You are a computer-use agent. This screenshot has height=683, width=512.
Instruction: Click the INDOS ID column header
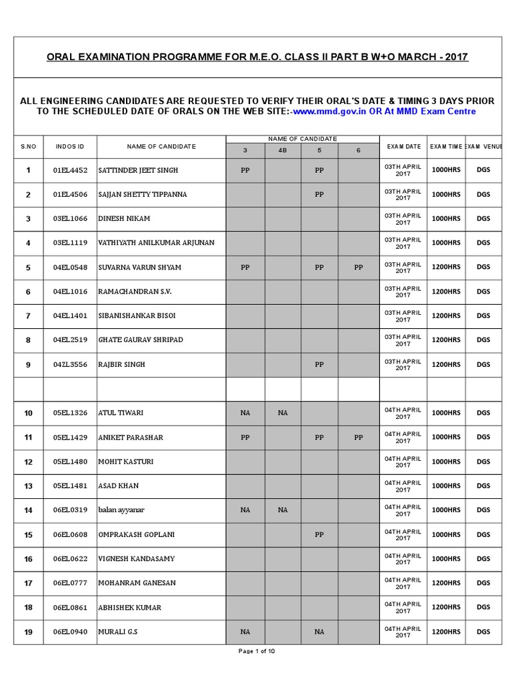70,146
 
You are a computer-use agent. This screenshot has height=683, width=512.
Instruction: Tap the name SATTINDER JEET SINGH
138,170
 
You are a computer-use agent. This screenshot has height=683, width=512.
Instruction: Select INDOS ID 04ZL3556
70,365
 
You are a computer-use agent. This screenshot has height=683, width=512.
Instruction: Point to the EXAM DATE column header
403,146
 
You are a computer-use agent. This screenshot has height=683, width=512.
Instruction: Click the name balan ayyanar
121,510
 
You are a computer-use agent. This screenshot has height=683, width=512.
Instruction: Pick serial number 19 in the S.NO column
28,632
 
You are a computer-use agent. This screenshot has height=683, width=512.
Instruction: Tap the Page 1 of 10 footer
257,652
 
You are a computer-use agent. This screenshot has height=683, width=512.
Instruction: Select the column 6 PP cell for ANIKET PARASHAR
359,438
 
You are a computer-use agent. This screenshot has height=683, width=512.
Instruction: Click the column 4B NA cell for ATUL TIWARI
283,413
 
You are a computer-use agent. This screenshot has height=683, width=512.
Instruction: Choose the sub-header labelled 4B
283,151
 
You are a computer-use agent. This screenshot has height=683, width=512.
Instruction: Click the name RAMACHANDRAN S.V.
135,291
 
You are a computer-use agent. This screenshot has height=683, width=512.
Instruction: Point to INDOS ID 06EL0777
70,583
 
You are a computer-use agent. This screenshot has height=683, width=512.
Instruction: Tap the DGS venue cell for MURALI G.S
483,632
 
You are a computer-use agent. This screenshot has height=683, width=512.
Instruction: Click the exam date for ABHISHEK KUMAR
403,608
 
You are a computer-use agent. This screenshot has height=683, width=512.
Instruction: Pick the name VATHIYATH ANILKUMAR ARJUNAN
156,243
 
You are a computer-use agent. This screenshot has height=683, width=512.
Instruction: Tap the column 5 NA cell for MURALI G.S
319,632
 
